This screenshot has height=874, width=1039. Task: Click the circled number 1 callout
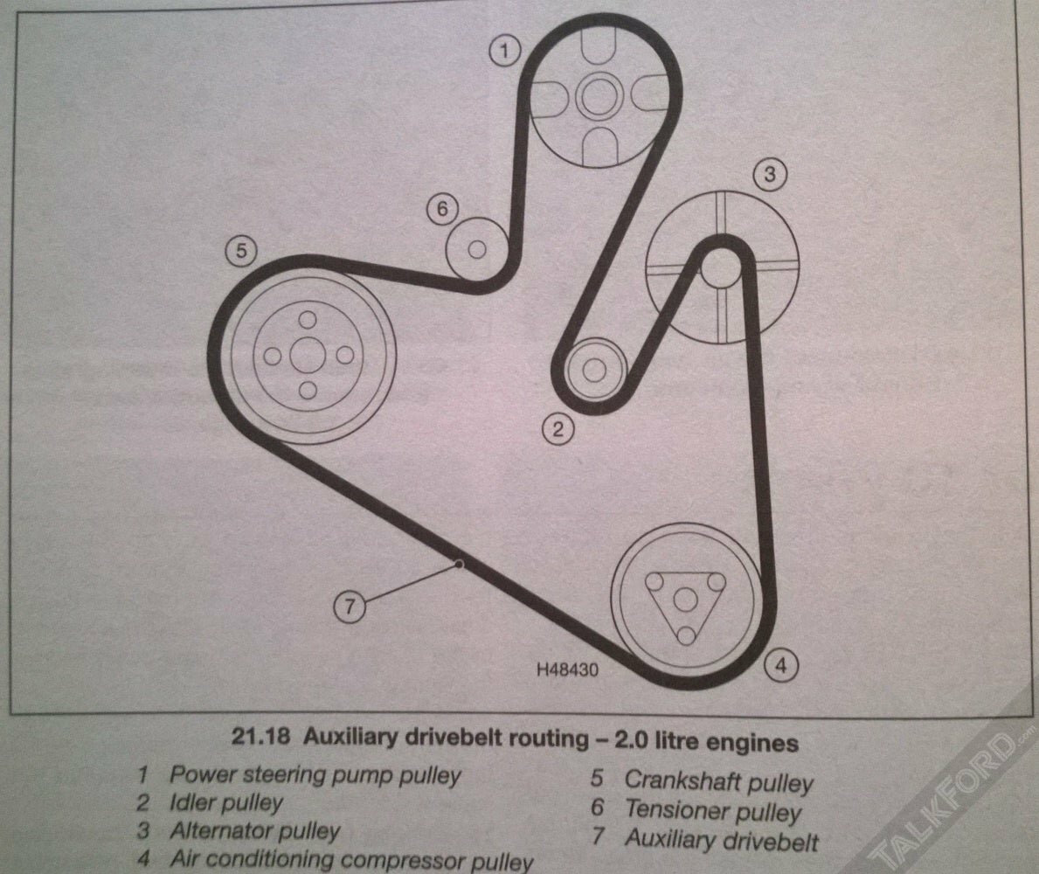pos(505,50)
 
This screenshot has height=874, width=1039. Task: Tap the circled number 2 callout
pos(558,429)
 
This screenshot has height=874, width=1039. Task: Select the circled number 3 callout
pos(769,174)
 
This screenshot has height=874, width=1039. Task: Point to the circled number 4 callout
pos(781,664)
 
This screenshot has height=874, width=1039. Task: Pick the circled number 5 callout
pos(241,251)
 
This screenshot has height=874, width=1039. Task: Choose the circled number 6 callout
pos(442,210)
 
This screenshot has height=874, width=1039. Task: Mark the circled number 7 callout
pos(350,605)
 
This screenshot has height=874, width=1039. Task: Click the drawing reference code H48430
pos(567,669)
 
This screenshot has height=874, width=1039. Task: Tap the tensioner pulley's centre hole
pos(477,250)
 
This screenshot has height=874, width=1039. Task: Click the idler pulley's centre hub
pos(594,371)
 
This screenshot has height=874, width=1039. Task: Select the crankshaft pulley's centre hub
pos(308,355)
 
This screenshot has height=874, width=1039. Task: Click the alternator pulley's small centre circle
pos(720,265)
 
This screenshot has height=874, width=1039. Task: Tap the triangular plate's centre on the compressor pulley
pos(685,601)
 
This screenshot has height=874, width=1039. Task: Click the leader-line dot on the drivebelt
pos(458,564)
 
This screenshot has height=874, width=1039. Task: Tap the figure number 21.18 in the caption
pos(260,737)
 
